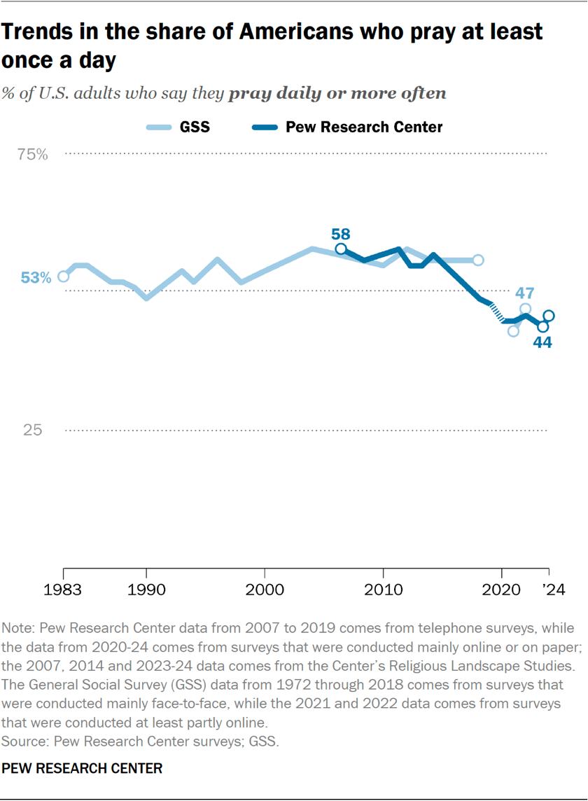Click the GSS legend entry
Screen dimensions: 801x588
[178, 127]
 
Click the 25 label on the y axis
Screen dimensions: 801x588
[33, 430]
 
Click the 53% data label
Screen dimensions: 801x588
[36, 278]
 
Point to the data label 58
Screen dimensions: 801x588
[341, 235]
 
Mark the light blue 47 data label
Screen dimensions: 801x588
[526, 293]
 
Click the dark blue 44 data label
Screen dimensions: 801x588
[542, 343]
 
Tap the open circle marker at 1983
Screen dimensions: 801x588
[63, 276]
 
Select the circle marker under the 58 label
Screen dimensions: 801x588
[341, 249]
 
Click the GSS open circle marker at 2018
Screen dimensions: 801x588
[478, 260]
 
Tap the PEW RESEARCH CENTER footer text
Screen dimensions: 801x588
[82, 768]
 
